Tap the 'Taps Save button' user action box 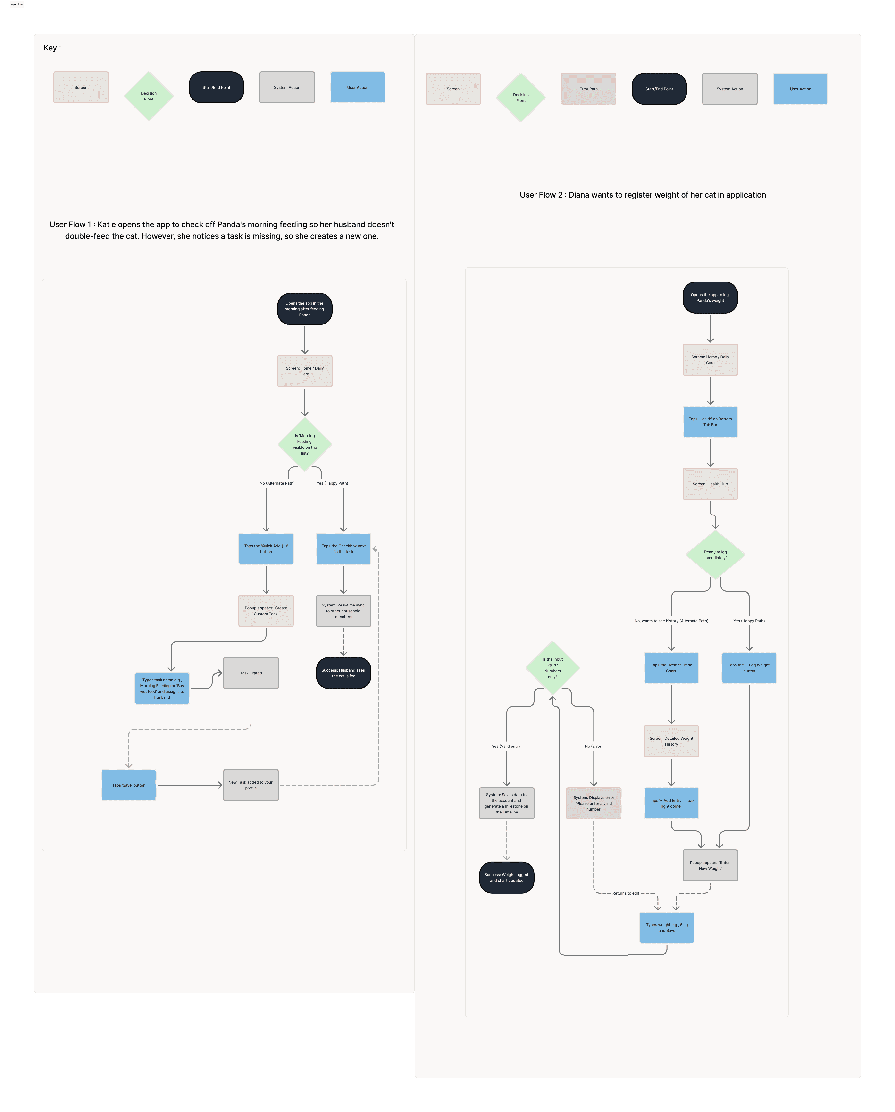128,785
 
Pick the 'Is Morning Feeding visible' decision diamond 305,444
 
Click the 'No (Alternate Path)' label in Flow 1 277,483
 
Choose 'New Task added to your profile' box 251,785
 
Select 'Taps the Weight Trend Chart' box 671,668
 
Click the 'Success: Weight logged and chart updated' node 507,877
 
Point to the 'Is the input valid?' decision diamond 552,667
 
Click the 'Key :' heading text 52,48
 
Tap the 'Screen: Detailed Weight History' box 671,741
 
